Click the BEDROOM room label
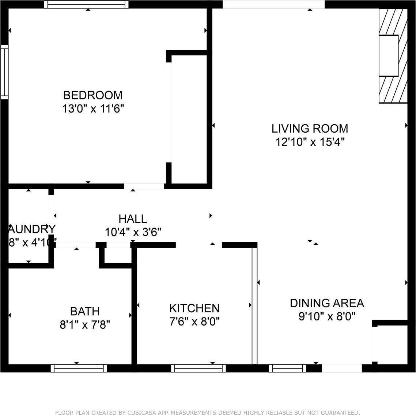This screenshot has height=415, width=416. click(93, 95)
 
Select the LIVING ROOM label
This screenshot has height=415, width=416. click(310, 129)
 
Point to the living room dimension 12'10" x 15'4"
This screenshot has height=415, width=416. click(310, 142)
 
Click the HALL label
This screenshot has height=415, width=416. click(133, 219)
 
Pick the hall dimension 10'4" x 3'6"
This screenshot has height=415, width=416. click(133, 232)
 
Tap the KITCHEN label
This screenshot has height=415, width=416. click(194, 308)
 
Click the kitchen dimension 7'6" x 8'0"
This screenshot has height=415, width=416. click(194, 321)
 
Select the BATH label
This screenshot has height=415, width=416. click(85, 311)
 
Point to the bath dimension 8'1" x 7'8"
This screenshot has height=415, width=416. click(85, 324)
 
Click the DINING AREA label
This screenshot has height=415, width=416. click(327, 303)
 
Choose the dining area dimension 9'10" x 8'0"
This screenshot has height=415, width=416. click(327, 316)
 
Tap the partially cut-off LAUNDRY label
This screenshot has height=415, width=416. click(31, 229)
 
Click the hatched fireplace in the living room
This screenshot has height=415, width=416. click(393, 56)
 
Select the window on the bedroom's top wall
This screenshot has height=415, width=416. click(87, 5)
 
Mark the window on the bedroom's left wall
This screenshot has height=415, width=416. click(4, 72)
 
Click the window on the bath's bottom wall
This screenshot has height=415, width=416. click(79, 368)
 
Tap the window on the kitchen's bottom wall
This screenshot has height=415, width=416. click(198, 368)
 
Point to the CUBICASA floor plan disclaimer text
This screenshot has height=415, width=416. click(207, 412)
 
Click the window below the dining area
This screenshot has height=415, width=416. click(288, 368)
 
